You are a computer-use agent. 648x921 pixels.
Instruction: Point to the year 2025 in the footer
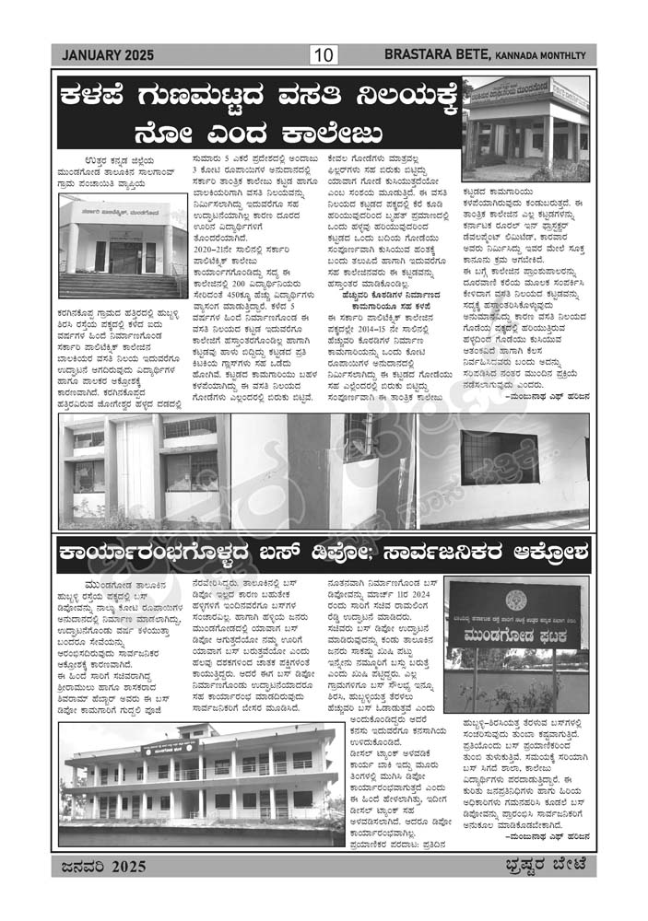pyautogui.click(x=125, y=866)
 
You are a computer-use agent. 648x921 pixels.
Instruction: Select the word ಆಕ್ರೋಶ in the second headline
pyautogui.click(x=545, y=554)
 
